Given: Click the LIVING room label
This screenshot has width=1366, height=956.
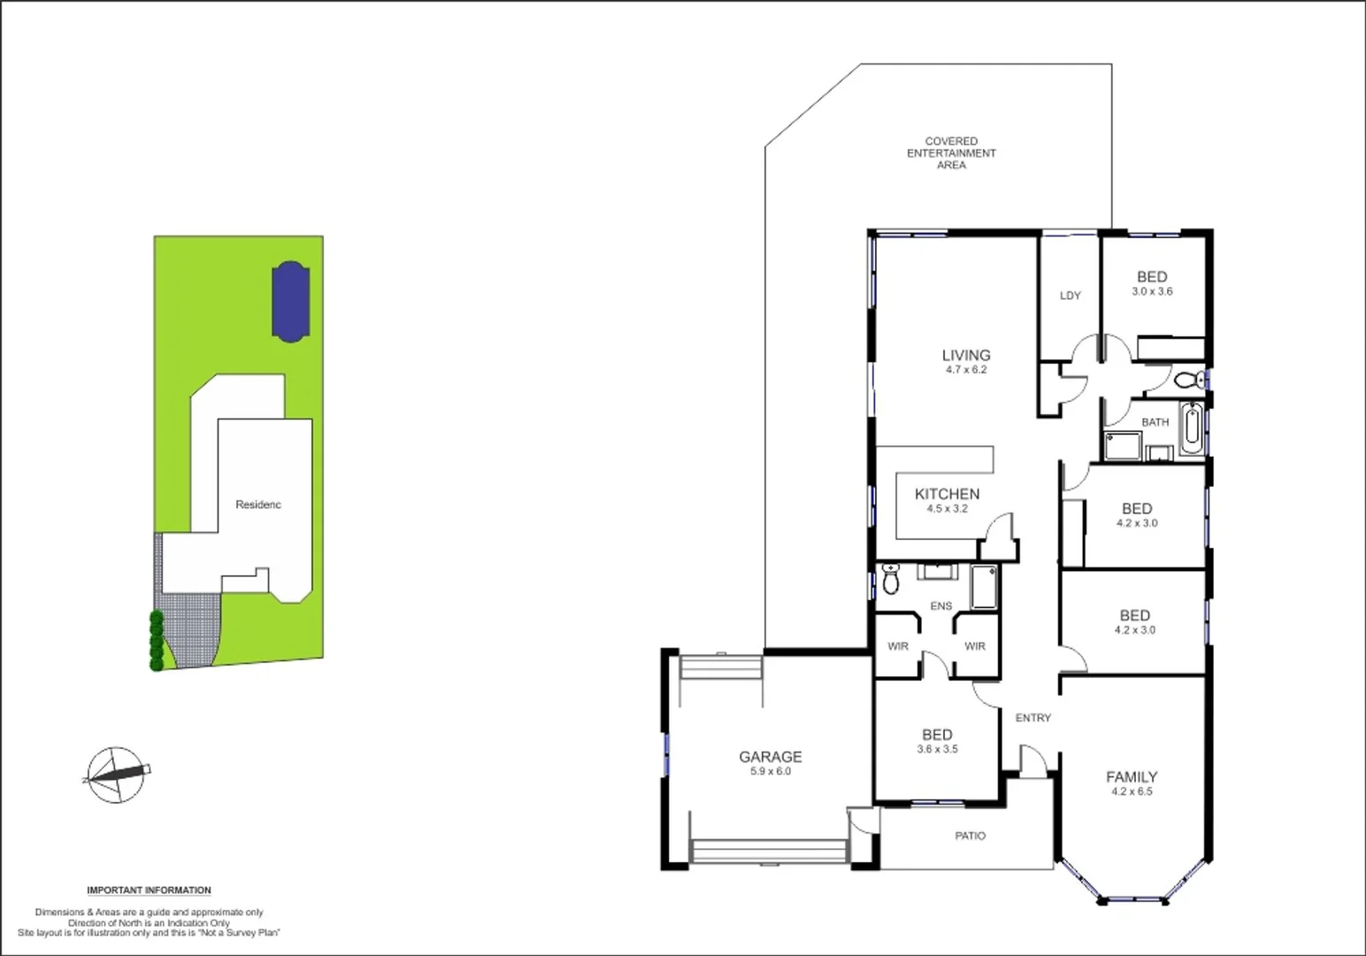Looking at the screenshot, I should tap(965, 355).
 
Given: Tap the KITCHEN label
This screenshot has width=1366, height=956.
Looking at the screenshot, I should tap(947, 494).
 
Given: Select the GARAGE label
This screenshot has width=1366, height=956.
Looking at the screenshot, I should tap(770, 757).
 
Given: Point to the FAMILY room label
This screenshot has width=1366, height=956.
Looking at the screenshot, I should tap(1132, 777).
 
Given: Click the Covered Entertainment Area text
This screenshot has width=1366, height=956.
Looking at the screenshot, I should tap(951, 153).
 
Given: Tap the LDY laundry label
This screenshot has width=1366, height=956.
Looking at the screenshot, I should tap(1070, 296).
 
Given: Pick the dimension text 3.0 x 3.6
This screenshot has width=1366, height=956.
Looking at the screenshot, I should tap(1152, 291).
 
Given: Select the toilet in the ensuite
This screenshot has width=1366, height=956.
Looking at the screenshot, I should tap(891, 579).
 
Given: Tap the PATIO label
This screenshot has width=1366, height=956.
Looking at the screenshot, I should tap(970, 836).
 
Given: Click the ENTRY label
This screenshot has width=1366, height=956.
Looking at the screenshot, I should tap(1032, 718).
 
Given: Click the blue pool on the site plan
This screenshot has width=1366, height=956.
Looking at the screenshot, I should tap(289, 301).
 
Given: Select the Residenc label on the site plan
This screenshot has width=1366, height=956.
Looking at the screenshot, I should tap(258, 505).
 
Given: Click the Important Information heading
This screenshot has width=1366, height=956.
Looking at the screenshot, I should tap(149, 890).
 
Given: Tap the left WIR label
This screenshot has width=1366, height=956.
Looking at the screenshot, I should tap(897, 646).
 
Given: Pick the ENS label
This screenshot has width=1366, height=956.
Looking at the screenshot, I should tap(941, 606).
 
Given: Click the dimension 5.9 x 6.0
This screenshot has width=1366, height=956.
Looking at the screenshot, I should tap(770, 772).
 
